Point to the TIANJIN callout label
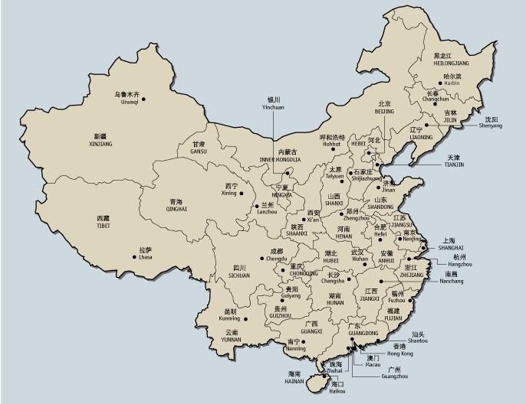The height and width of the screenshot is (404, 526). pos(454,161)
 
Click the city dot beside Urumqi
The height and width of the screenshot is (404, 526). pos(143,98)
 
